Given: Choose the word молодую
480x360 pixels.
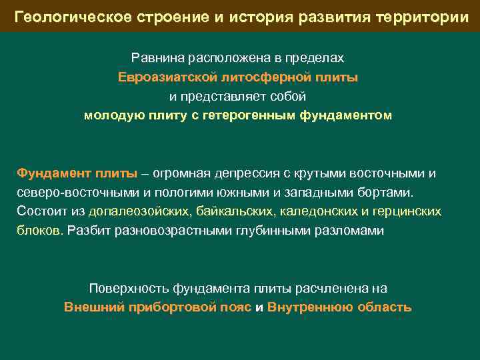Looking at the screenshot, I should click(x=111, y=116).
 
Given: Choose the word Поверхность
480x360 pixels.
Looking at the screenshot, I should click(x=129, y=289).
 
